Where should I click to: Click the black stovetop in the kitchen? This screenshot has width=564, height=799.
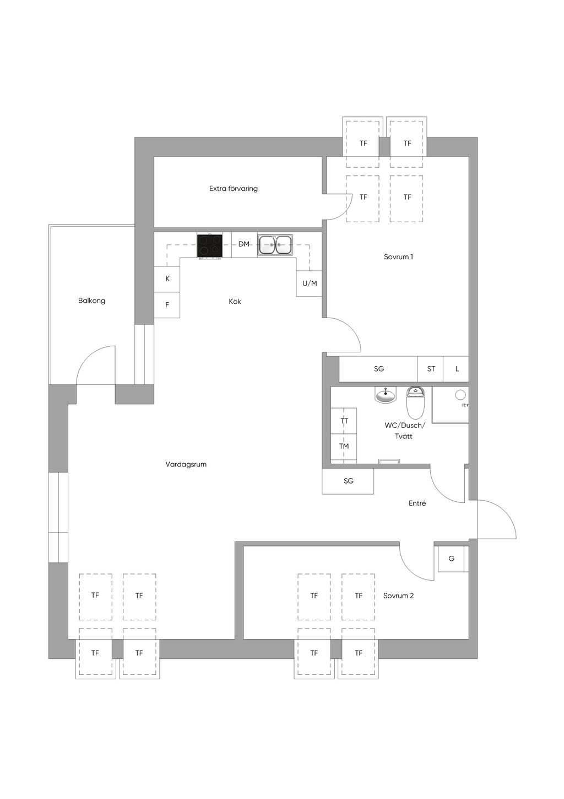click(x=210, y=245)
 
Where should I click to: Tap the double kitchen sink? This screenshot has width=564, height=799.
click(x=275, y=245)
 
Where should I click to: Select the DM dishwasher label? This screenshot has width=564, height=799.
click(x=243, y=244)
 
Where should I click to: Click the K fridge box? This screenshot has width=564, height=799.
click(x=167, y=280)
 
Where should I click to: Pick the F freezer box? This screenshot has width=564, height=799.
click(x=167, y=305)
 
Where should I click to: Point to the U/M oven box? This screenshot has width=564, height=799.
click(x=309, y=283)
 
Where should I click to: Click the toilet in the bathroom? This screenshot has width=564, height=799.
click(x=415, y=403)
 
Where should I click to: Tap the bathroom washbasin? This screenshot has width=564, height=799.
click(x=385, y=395)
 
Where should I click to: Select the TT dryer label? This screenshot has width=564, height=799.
click(x=344, y=421)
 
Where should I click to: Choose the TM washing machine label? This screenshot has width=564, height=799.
click(x=344, y=446)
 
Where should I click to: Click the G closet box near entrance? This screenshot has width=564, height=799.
click(x=451, y=559)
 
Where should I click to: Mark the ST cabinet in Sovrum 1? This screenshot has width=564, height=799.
click(x=430, y=369)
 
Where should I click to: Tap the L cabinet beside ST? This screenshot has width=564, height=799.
click(x=457, y=369)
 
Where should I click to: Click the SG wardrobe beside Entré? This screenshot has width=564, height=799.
click(x=348, y=481)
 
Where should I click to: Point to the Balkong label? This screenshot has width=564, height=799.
click(x=91, y=301)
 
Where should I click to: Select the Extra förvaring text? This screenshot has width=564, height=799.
click(x=234, y=189)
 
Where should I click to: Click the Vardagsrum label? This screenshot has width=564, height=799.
click(x=186, y=464)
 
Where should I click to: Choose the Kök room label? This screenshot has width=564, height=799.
click(x=235, y=302)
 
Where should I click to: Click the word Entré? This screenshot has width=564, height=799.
click(x=417, y=503)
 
